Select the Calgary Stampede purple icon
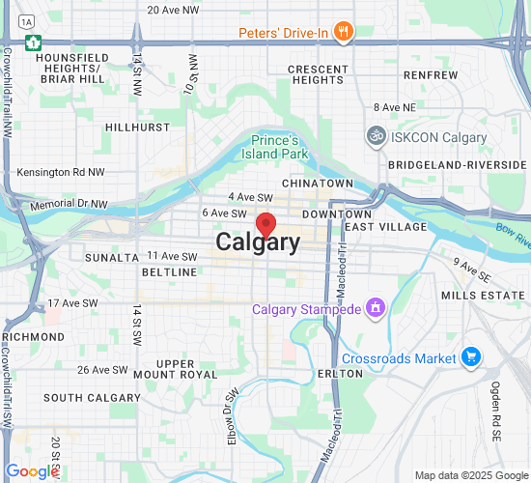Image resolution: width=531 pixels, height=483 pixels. coord(375,309)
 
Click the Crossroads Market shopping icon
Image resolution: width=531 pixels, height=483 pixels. coord(471,357)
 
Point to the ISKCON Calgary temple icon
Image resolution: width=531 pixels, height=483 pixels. coord(375,137)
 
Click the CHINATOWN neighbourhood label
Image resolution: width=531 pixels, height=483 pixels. coord(318,183)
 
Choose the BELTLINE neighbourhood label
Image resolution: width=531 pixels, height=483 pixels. coord(169,272)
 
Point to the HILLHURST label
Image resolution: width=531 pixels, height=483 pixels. coord(137,127)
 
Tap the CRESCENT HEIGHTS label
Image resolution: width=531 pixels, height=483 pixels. coord(318,74)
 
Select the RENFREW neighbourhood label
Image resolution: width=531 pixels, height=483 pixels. coord(431,74)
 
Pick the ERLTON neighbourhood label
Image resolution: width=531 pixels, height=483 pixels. coord(340,373)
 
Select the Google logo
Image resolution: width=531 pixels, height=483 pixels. coord(33,470)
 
